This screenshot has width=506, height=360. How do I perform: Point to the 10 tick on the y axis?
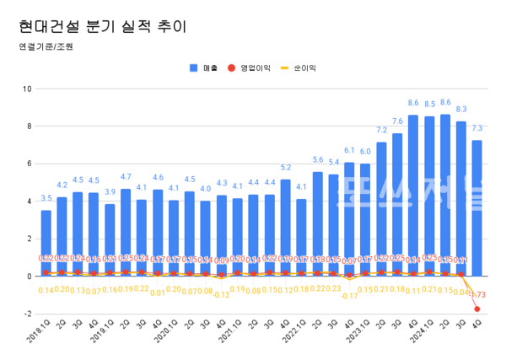[x=28, y=89]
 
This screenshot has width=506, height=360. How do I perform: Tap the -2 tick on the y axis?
[x=28, y=314]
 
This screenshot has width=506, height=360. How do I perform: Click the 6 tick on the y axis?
[x=29, y=164]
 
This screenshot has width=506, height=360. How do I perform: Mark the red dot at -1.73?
[x=477, y=309]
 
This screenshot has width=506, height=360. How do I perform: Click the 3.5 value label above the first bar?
[x=46, y=199]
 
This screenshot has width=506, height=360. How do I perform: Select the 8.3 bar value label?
[x=461, y=110]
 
